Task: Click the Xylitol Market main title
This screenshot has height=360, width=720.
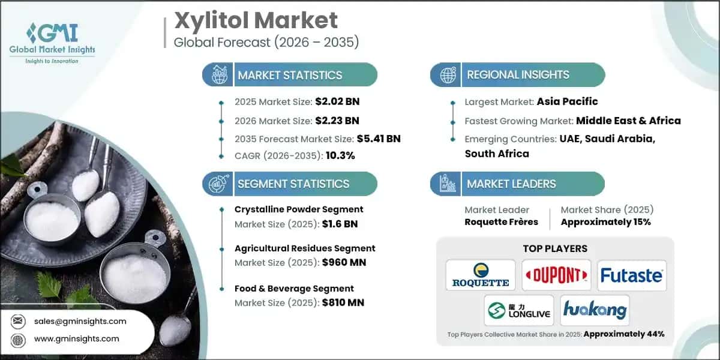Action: (256, 21)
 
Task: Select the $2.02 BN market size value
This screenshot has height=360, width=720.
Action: (337, 101)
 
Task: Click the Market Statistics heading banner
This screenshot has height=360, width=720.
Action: (290, 75)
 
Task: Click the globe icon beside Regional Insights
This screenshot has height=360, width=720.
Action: (447, 75)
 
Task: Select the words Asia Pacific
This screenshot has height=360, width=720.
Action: (567, 101)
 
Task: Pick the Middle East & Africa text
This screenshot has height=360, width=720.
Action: (628, 121)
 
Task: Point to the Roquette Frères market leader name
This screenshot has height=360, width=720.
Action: (501, 222)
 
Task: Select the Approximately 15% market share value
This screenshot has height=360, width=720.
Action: (605, 222)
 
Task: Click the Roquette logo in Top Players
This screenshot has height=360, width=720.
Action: (480, 275)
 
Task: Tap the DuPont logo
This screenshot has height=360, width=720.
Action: (556, 275)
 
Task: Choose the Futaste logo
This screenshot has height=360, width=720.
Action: (631, 275)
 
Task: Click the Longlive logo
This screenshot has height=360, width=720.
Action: (518, 310)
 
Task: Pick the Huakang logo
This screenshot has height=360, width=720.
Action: (594, 310)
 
